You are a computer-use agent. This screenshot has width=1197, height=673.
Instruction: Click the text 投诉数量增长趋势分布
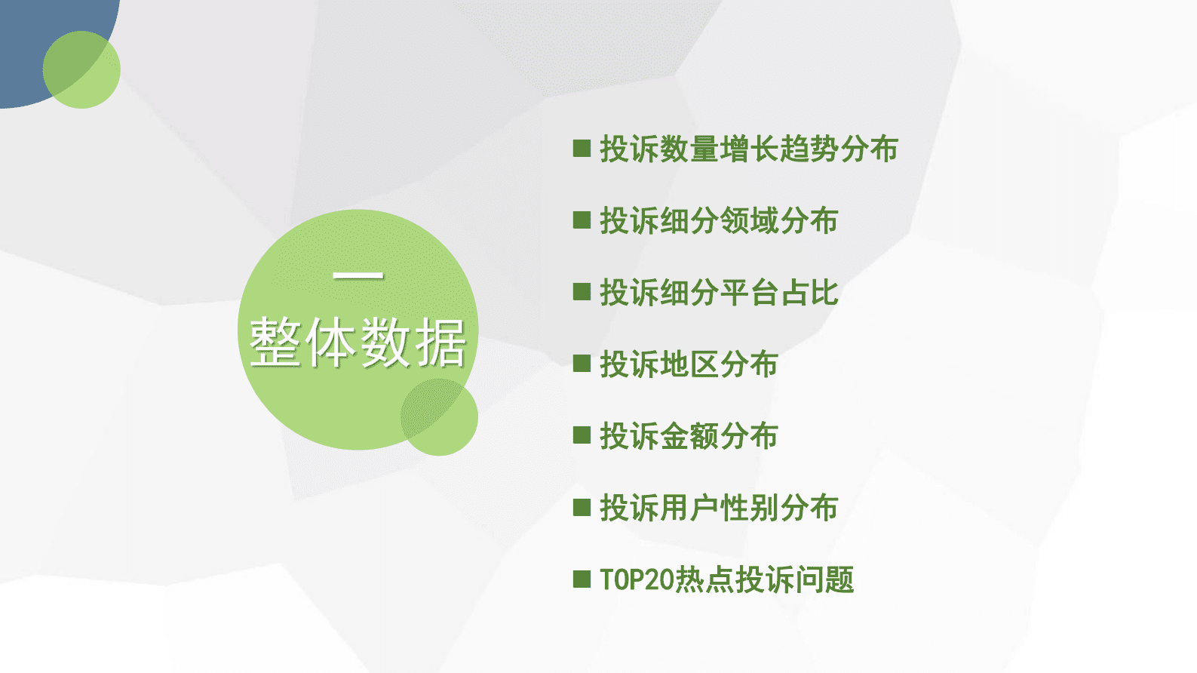748,149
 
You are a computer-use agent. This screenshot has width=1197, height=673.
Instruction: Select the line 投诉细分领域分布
718,220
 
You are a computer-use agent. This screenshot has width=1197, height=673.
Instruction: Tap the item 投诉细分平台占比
718,292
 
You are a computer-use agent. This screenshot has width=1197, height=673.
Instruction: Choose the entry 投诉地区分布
688,364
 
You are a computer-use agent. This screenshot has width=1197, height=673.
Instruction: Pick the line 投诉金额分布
688,435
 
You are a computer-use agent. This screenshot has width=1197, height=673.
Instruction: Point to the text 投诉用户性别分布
718,507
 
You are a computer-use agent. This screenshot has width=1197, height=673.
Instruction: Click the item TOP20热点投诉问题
726,579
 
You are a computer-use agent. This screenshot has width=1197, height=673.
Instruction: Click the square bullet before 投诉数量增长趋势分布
582,148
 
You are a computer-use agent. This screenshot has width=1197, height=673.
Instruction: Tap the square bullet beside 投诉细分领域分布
582,220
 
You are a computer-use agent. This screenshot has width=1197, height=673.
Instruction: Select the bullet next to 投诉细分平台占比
582,291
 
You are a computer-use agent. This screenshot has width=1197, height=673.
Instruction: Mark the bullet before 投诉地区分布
582,364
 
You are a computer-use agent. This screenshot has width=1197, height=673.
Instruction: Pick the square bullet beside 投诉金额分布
582,435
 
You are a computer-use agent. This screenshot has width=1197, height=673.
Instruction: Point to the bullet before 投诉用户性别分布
582,507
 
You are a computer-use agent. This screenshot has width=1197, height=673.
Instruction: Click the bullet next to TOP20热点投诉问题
582,579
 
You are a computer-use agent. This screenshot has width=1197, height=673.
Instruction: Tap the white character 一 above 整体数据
358,276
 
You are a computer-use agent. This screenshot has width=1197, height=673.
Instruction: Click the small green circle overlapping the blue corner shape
82,70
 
